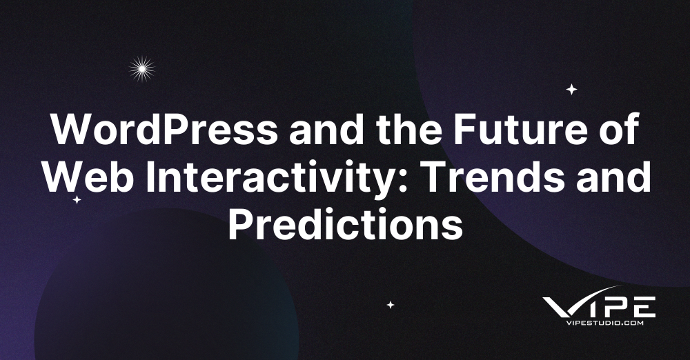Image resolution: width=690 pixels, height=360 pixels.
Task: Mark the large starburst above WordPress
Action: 142,68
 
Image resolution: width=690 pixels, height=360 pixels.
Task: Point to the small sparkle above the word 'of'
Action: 571,89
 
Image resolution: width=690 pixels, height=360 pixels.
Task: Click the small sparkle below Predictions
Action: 390,304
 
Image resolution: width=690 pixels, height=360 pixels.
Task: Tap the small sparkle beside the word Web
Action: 77,200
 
